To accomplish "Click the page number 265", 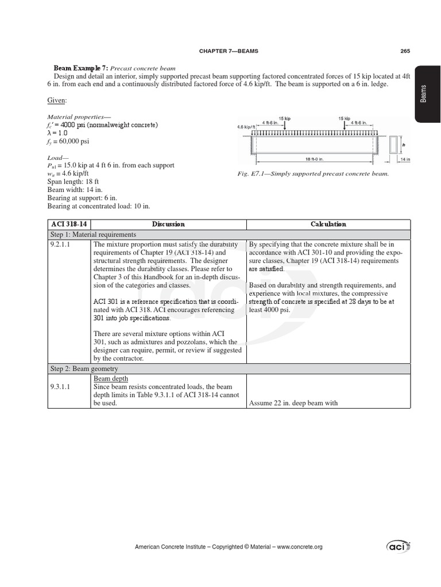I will (405, 51).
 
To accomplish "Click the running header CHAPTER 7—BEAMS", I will (229, 51).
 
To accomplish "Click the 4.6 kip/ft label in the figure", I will (246, 127).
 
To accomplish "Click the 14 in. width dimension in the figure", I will (404, 159).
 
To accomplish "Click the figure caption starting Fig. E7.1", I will (314, 173).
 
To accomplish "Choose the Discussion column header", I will (168, 224).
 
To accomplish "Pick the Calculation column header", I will (328, 224).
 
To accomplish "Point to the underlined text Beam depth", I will (110, 379).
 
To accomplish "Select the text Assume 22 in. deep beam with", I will (293, 403).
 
